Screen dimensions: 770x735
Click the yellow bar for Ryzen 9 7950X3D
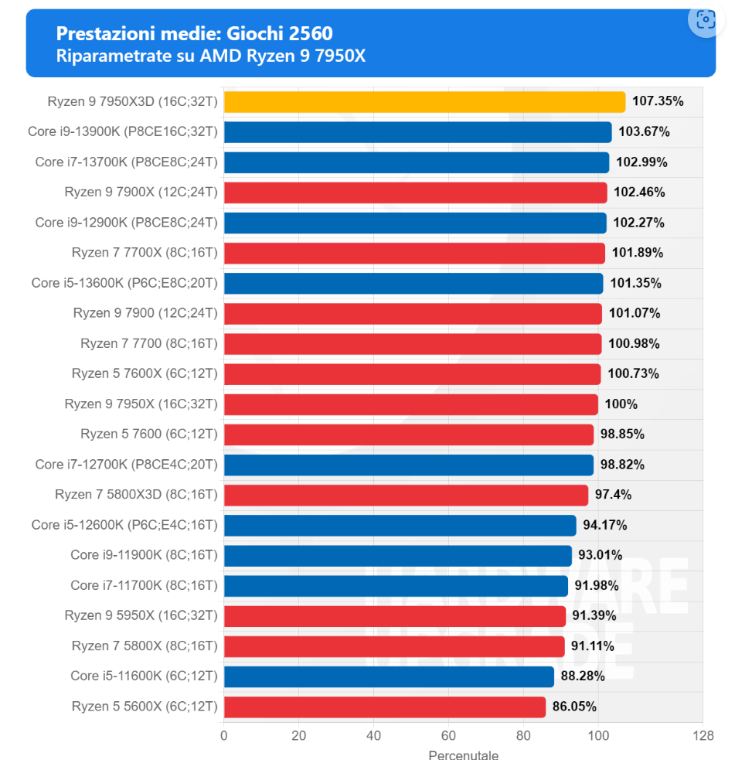(424, 102)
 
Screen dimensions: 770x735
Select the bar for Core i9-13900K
(417, 132)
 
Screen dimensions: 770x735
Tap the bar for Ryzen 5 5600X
(384, 707)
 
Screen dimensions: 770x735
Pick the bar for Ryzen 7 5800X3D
(406, 495)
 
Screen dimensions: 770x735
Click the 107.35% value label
(658, 102)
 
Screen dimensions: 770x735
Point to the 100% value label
(621, 404)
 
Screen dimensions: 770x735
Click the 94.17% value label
(604, 526)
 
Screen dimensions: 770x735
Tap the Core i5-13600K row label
(124, 283)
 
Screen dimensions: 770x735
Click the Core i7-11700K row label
(144, 585)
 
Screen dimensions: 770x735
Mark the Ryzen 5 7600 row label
(149, 434)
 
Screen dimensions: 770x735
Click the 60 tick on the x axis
(449, 735)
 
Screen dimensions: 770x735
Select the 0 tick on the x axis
(224, 735)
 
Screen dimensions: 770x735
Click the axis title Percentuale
(463, 756)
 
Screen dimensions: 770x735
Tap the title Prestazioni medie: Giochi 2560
(195, 33)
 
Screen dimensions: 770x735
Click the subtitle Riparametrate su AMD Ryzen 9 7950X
(210, 56)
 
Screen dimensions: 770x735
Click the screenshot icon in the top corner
(705, 20)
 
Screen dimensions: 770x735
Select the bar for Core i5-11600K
(389, 676)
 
